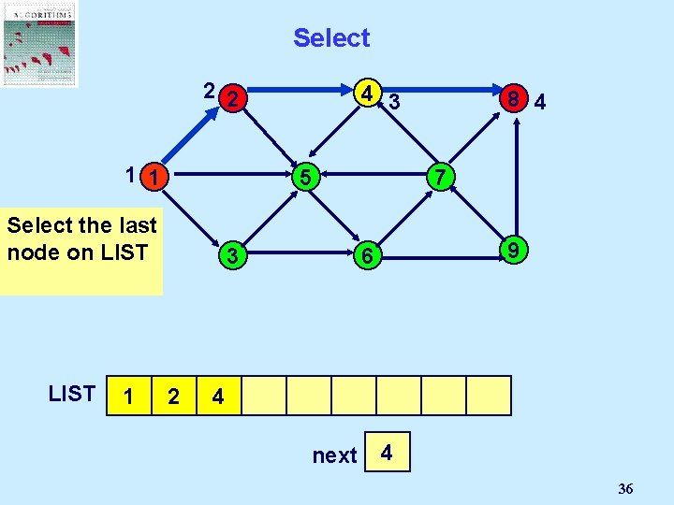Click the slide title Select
tap(331, 38)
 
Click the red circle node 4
tap(371, 94)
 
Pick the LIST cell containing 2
tap(173, 396)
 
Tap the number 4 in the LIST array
tap(218, 396)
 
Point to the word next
tap(334, 455)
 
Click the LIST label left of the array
tap(71, 394)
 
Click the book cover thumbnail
tap(39, 44)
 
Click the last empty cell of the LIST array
tap(489, 396)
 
